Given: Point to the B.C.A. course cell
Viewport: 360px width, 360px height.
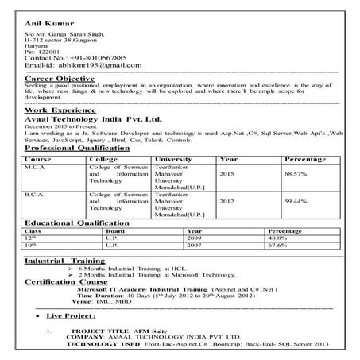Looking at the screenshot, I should pyautogui.click(x=36, y=193).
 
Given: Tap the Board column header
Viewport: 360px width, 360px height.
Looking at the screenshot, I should pyautogui.click(x=116, y=231).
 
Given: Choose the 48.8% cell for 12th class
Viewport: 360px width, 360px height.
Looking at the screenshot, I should pyautogui.click(x=277, y=238).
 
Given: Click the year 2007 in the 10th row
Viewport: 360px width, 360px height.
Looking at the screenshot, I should pyautogui.click(x=195, y=245).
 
